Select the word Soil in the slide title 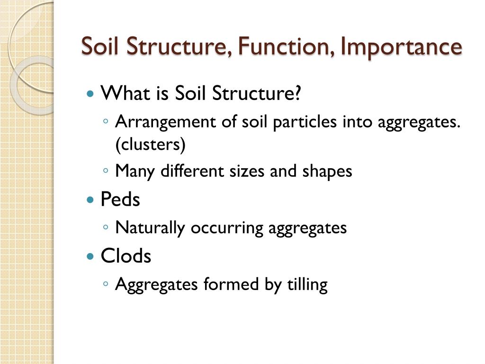pyautogui.click(x=98, y=46)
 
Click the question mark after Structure pyautogui.click(x=298, y=93)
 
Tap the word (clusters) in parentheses pyautogui.click(x=150, y=145)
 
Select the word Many pyautogui.click(x=135, y=171)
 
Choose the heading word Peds pyautogui.click(x=120, y=200)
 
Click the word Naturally pyautogui.click(x=150, y=228)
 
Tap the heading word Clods pyautogui.click(x=126, y=256)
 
